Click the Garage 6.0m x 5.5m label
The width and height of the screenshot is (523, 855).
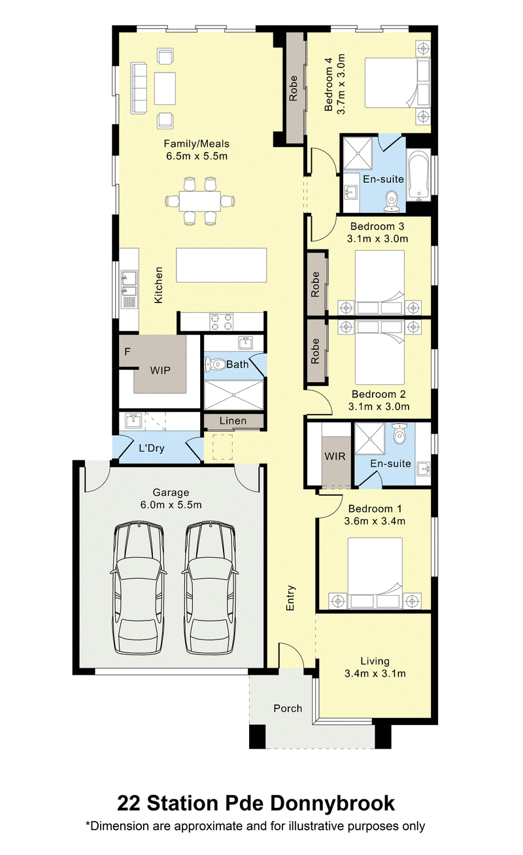tap(171, 498)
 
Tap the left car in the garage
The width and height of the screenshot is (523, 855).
tap(139, 589)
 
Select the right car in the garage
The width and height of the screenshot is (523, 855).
tap(210, 589)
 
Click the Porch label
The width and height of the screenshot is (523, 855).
tap(288, 709)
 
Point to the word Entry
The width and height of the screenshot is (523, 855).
tap(291, 598)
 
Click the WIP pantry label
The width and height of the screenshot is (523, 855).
tap(160, 370)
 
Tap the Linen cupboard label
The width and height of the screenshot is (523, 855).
tap(233, 421)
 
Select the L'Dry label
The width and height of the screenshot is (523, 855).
tap(151, 447)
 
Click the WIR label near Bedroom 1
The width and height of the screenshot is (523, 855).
tap(335, 456)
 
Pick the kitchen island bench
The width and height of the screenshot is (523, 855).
tap(222, 265)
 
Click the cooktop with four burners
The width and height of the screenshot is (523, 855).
tap(222, 321)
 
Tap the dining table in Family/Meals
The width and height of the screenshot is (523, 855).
tap(200, 201)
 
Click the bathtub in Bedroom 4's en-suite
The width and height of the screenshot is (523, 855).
tap(418, 175)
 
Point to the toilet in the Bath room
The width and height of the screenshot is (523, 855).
tap(214, 364)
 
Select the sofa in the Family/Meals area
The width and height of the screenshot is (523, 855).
tap(139, 88)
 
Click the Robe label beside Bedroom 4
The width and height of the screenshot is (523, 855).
tap(294, 89)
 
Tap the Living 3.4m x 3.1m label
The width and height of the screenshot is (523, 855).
tap(375, 667)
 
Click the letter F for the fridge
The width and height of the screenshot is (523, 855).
tap(127, 351)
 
